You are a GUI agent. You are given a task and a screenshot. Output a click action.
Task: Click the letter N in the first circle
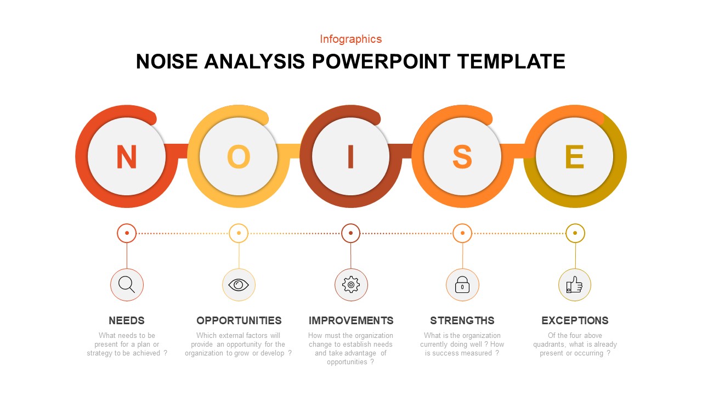(127, 157)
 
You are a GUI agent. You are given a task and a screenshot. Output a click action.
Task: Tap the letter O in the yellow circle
(239, 157)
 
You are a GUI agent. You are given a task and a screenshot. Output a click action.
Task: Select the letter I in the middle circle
(350, 157)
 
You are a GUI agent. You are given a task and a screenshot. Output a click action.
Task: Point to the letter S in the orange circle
(462, 157)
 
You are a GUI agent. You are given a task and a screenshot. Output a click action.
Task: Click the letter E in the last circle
(574, 157)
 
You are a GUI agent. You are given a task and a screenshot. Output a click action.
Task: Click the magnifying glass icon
(127, 285)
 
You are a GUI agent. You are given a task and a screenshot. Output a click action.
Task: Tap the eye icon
(239, 285)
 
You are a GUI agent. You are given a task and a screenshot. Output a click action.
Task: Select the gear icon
(351, 285)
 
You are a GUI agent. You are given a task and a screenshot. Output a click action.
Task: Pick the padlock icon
(462, 285)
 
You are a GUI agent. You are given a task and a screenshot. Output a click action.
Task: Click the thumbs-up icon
(574, 285)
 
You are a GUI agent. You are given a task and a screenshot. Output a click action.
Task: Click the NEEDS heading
(127, 321)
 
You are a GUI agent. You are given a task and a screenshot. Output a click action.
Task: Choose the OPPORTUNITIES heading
(239, 321)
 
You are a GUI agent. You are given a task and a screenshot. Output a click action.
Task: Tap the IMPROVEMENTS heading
(351, 321)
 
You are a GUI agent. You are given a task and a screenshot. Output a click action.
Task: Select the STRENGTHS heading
(462, 321)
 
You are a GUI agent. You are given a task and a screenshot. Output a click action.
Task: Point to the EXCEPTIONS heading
(575, 321)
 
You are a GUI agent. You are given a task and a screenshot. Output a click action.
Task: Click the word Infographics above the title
(351, 39)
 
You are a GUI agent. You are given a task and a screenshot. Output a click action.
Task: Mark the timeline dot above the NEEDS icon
(127, 233)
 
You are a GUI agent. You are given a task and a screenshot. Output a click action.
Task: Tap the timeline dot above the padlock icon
(462, 233)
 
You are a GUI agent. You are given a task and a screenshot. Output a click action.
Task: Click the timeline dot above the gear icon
(350, 233)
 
